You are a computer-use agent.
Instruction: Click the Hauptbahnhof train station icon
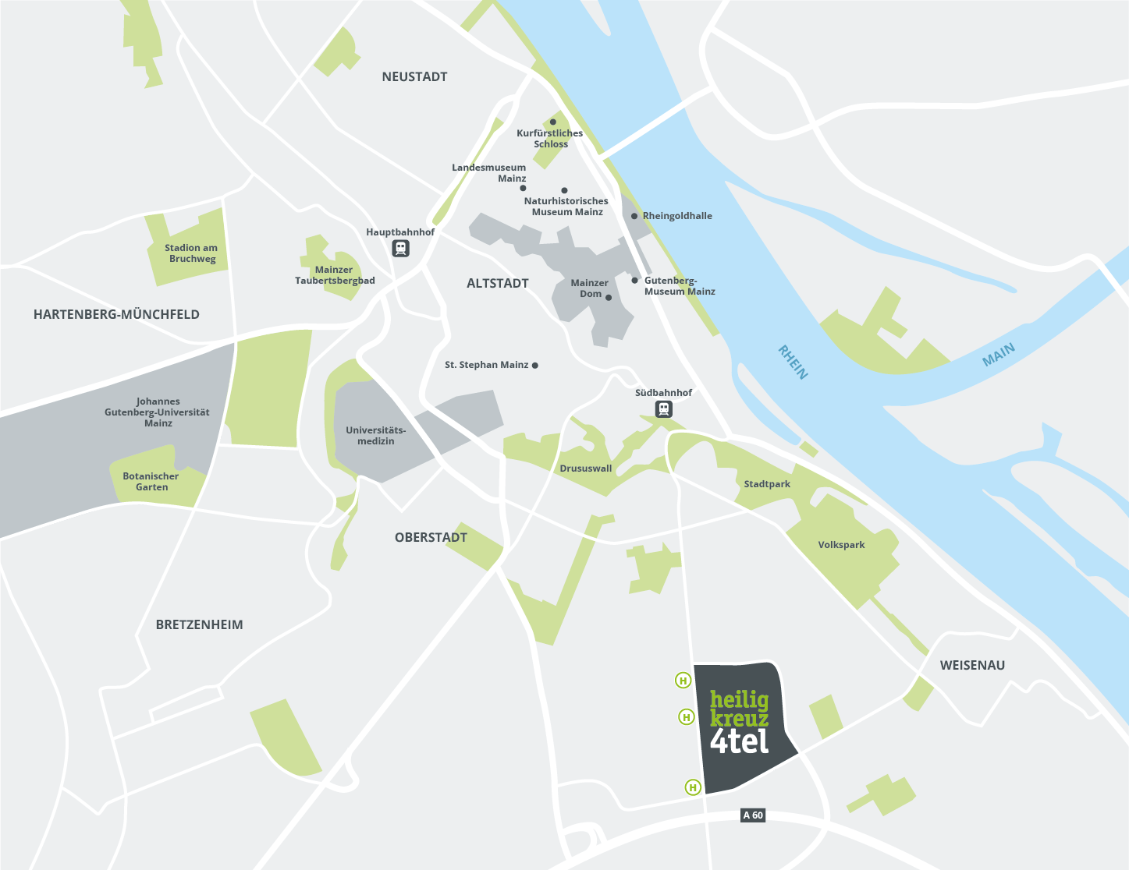point(400,248)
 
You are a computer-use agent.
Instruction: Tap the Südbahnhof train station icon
point(663,408)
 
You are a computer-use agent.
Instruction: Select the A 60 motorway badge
point(753,815)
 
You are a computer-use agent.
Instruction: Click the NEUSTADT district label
point(414,76)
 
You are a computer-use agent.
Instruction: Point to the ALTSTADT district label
point(497,283)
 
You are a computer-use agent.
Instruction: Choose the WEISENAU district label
point(972,665)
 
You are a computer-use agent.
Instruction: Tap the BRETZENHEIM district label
point(199,624)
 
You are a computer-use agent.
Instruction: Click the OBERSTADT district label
point(431,537)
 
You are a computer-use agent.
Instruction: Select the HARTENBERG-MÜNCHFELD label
point(116,314)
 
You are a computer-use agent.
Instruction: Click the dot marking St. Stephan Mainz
point(534,365)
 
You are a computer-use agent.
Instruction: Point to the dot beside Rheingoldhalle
point(634,216)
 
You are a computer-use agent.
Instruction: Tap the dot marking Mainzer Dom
point(609,297)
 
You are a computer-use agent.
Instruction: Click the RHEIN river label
point(793,362)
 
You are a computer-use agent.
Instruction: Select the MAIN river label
point(998,355)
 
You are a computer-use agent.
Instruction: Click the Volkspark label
point(841,545)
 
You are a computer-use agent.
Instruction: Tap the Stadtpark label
point(767,484)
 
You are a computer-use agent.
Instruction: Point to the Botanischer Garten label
point(151,481)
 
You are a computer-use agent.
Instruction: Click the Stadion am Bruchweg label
point(191,253)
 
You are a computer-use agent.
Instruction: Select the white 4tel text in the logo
point(739,741)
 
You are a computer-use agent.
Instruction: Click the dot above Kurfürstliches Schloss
point(553,122)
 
